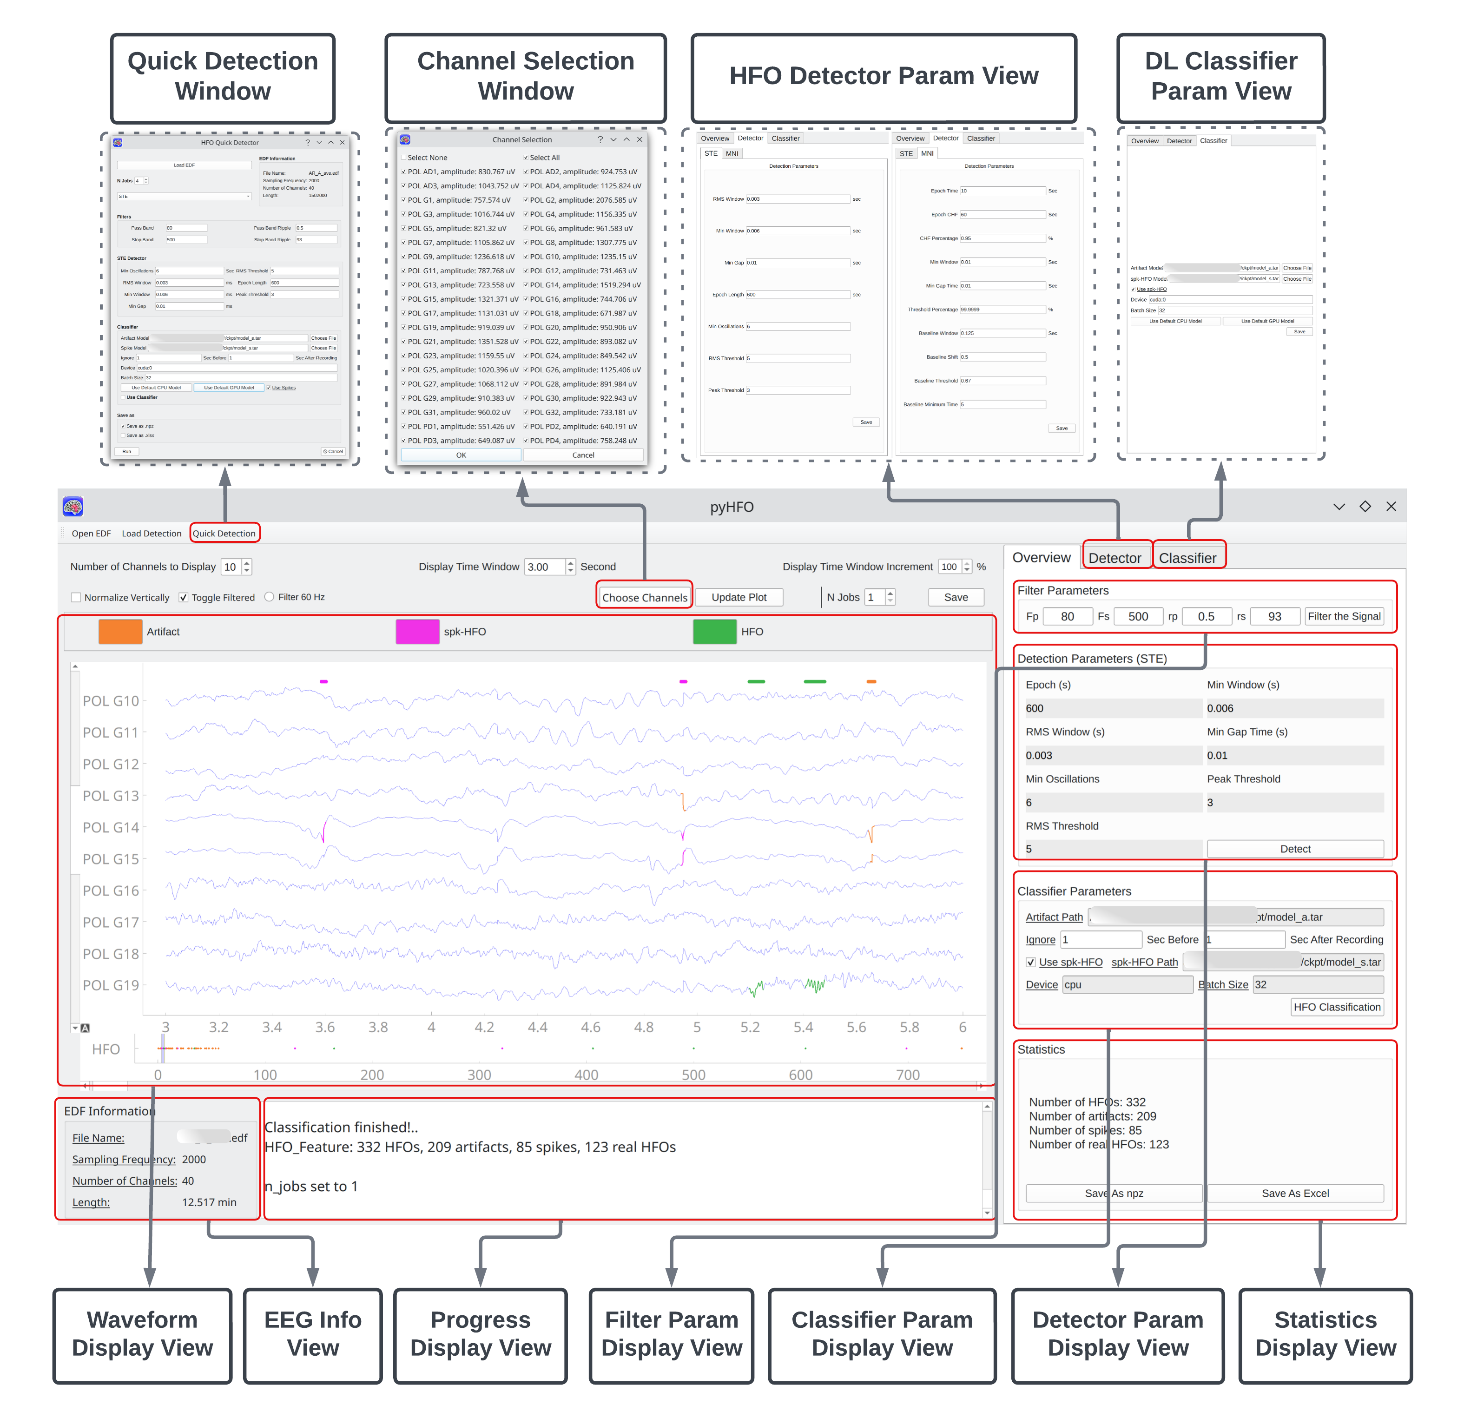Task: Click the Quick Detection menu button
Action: click(224, 534)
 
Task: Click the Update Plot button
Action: click(739, 597)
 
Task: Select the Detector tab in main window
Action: click(1114, 557)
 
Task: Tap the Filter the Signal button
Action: click(1344, 616)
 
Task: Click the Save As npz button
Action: click(1114, 1193)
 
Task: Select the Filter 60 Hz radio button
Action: click(270, 597)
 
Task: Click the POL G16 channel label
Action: click(111, 890)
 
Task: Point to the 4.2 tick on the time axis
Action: click(484, 1027)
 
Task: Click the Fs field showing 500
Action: click(1138, 616)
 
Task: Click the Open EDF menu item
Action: click(91, 534)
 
